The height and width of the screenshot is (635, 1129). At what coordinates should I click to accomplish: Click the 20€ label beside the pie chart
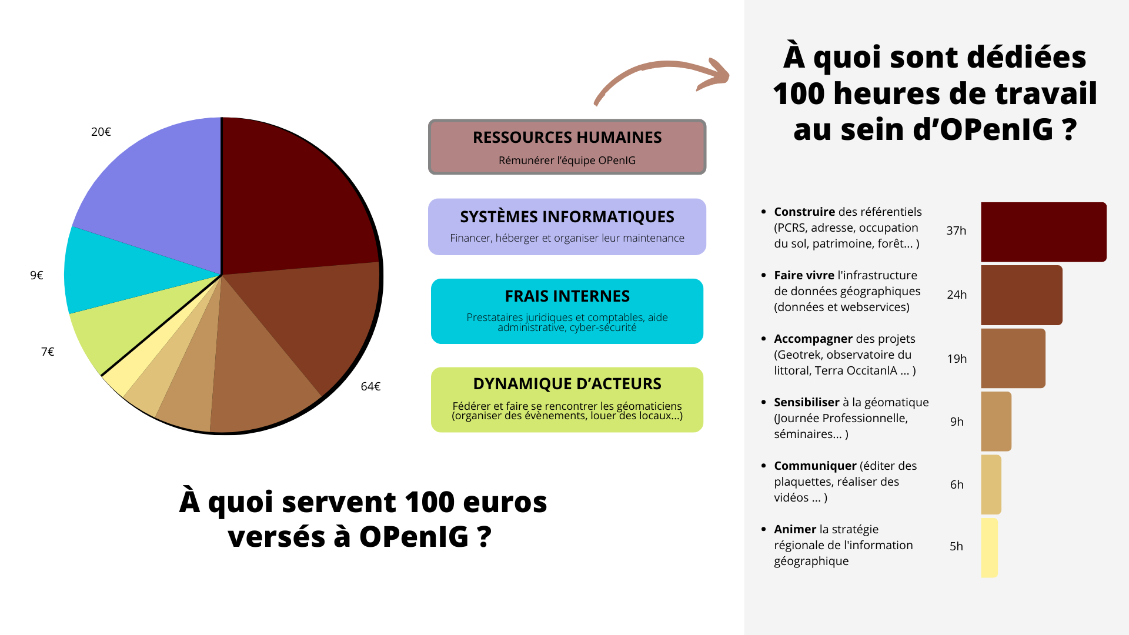(x=101, y=132)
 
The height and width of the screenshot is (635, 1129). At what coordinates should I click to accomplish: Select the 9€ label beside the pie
(x=36, y=275)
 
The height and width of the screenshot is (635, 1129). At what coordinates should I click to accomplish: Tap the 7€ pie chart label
(x=48, y=352)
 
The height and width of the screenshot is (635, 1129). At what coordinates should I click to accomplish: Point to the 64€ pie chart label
(x=370, y=386)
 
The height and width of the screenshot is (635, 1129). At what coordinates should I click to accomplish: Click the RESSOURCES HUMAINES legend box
(x=567, y=147)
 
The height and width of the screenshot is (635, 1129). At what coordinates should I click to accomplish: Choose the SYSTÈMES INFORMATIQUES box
(x=567, y=226)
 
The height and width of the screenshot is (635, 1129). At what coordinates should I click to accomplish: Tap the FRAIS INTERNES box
(x=567, y=311)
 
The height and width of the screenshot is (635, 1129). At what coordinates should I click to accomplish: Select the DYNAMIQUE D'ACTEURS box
(x=567, y=400)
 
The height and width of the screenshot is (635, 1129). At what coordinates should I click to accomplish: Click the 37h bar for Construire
(x=1044, y=232)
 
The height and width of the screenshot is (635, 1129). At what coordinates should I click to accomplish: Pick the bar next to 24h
(x=1021, y=295)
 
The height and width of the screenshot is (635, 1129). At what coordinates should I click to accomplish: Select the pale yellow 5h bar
(x=990, y=547)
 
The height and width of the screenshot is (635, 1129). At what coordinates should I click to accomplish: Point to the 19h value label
(x=957, y=359)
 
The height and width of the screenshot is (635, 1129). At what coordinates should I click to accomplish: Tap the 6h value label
(x=957, y=484)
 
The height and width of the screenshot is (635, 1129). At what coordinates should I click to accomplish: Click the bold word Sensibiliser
(x=807, y=402)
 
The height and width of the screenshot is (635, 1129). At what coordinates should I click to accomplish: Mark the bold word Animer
(x=795, y=529)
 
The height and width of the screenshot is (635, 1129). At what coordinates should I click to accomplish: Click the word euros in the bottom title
(x=505, y=502)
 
